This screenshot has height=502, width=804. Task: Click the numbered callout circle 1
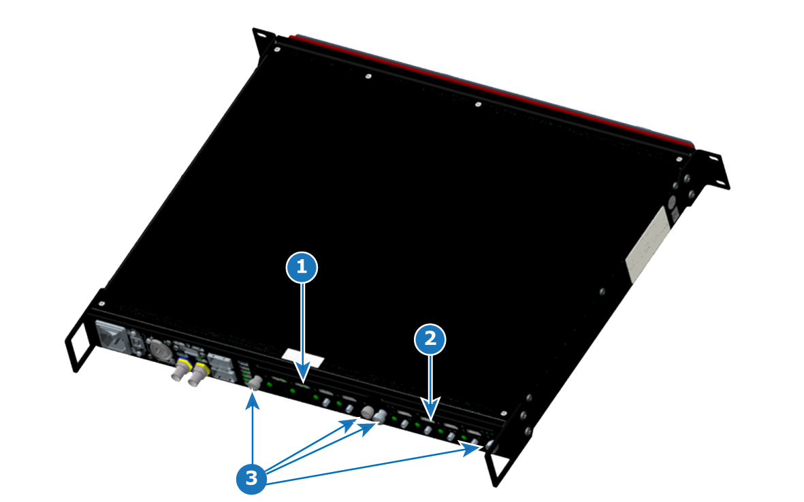tap(302, 267)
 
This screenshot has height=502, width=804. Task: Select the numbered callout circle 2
tap(430, 339)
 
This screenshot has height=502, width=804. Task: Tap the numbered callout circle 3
tap(251, 478)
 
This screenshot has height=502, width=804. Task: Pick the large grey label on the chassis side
tap(647, 244)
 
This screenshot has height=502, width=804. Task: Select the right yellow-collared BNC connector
tap(198, 374)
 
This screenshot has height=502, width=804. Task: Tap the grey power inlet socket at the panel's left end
tap(111, 337)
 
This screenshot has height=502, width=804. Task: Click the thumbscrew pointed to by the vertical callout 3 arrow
tap(255, 383)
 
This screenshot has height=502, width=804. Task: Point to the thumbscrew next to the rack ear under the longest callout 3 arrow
tap(492, 446)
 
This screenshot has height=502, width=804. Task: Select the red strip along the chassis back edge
tap(492, 90)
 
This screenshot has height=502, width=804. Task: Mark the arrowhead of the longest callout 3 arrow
tap(472, 449)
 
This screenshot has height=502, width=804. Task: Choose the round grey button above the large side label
tap(672, 202)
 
